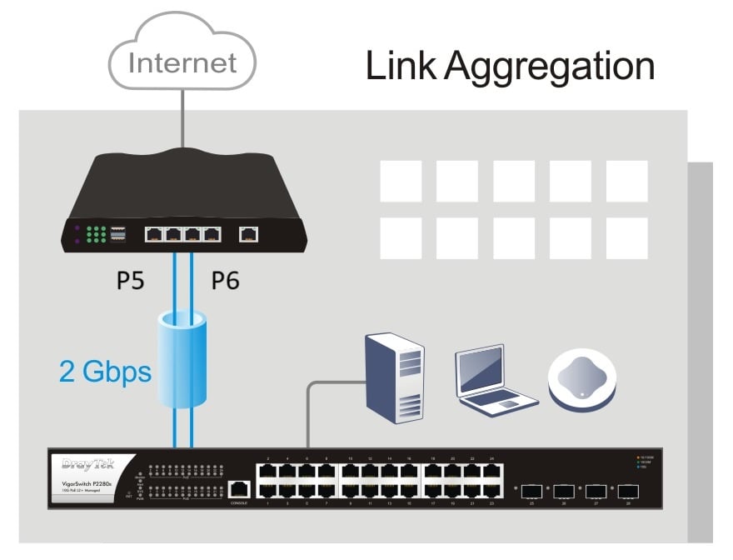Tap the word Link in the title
point(401,66)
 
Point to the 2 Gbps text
point(105,371)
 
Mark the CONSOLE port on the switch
point(240,491)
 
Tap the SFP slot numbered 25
point(531,491)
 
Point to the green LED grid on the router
point(96,235)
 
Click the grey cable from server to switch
point(309,417)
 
